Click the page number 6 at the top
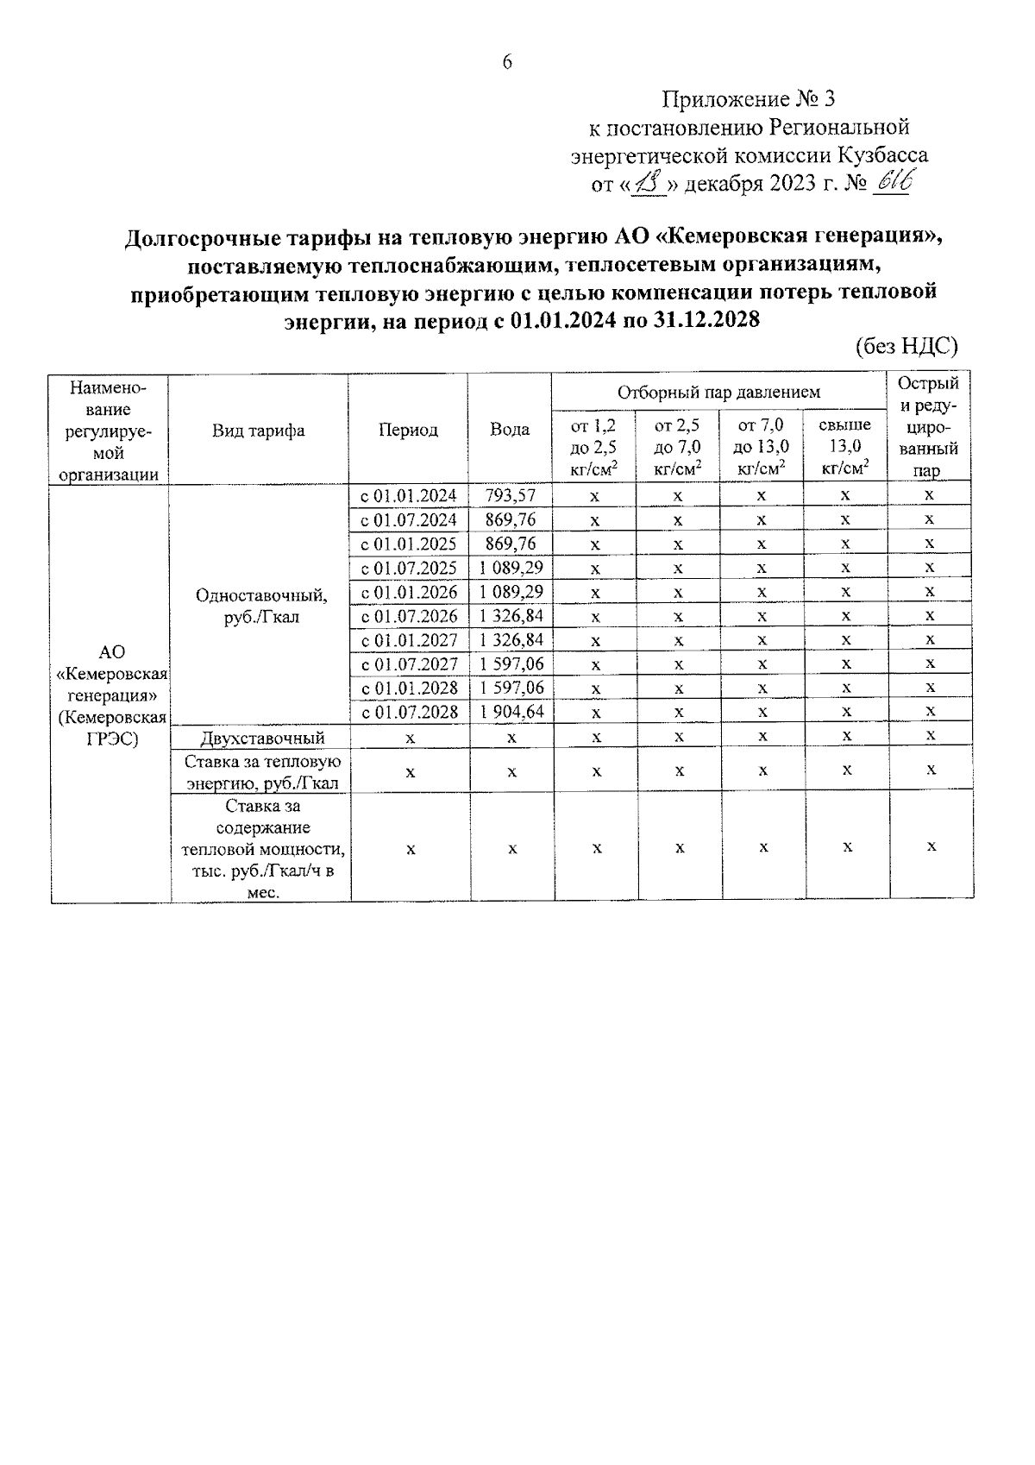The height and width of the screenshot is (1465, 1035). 507,62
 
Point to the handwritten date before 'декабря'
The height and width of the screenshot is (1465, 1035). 649,183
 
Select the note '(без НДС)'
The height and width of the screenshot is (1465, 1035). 906,347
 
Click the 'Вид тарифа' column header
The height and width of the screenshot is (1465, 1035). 259,430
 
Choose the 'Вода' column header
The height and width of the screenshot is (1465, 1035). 510,430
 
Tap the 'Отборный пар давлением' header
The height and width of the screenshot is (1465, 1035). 718,393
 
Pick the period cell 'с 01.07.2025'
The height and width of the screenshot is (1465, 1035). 408,568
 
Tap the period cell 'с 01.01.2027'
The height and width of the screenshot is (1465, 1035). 408,640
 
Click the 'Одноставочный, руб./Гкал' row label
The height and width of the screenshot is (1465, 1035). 260,606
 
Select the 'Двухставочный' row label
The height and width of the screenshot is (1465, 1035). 262,738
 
